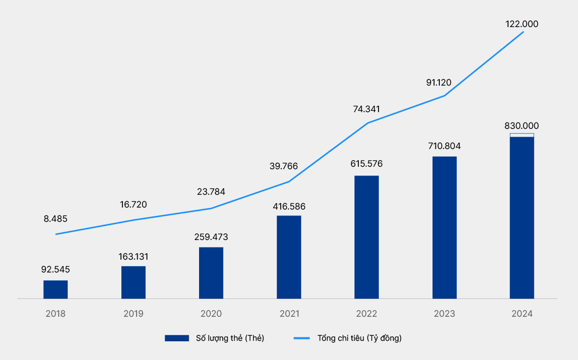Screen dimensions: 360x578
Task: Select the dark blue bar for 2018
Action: (x=56, y=290)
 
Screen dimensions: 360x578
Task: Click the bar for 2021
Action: (x=289, y=257)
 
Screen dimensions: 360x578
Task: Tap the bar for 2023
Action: (x=444, y=227)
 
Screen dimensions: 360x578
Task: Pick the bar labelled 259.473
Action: (x=211, y=272)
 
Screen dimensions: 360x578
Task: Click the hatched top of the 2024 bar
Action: (x=521, y=135)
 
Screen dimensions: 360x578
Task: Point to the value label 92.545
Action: (x=56, y=270)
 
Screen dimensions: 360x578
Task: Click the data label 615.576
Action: (x=366, y=164)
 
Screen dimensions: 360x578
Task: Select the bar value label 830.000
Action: (x=521, y=126)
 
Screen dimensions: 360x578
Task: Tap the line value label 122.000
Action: (x=521, y=24)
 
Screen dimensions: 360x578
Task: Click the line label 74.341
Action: (x=366, y=109)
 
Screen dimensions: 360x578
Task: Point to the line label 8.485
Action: (x=56, y=219)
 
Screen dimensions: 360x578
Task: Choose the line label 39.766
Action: (x=284, y=166)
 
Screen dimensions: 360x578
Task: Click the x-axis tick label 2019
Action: (x=133, y=314)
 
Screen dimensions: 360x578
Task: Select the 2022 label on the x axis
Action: (x=366, y=314)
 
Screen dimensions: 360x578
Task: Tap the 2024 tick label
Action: (x=521, y=314)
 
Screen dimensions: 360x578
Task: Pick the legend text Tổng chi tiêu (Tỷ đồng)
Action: (x=360, y=338)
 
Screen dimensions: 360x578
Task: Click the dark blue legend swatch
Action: (x=177, y=338)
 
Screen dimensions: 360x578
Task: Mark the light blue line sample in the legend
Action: (x=302, y=338)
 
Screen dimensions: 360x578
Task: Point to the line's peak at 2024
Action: (x=523, y=32)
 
